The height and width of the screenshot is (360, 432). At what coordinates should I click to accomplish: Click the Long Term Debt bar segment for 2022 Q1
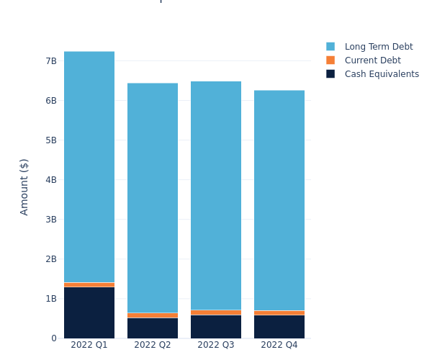click(89, 167)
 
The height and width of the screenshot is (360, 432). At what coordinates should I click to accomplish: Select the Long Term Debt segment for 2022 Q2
click(153, 198)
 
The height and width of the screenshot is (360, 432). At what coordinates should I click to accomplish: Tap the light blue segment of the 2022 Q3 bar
click(216, 196)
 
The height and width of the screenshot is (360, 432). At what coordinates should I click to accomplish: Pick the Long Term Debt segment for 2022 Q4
click(279, 200)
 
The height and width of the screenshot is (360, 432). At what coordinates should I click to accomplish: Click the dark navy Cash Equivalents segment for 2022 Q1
click(89, 312)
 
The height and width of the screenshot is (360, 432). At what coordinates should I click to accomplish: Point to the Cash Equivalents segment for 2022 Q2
click(153, 328)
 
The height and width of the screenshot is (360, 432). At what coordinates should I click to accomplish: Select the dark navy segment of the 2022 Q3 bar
click(216, 327)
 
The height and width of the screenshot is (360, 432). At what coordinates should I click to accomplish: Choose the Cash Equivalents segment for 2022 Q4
click(279, 327)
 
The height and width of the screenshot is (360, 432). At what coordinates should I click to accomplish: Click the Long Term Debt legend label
click(379, 47)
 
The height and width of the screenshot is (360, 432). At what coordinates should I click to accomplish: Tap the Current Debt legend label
click(372, 60)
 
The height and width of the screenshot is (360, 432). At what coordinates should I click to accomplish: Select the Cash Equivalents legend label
click(382, 74)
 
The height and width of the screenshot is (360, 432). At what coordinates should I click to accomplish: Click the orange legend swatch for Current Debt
click(330, 60)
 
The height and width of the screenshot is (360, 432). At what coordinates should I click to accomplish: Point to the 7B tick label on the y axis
click(51, 61)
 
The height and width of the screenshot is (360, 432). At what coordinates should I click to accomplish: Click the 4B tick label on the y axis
click(51, 180)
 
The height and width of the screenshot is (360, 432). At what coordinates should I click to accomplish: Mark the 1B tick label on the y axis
click(51, 299)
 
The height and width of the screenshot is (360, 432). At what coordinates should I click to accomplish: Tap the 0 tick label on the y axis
click(54, 338)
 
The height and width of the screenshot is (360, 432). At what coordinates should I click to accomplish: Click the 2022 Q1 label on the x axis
click(89, 346)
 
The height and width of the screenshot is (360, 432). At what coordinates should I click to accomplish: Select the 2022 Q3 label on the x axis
click(216, 346)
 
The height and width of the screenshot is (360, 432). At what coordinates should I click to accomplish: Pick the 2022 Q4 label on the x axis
click(279, 346)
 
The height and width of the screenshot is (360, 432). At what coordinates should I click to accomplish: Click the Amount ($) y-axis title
click(24, 186)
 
